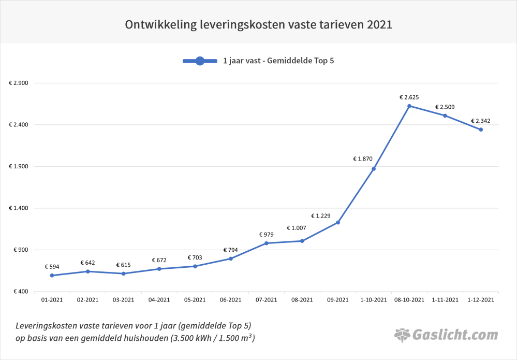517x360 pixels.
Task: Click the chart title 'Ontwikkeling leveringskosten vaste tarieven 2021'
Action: click(x=258, y=24)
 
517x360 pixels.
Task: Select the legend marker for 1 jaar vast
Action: click(x=200, y=61)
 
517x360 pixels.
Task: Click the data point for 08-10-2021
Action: click(x=409, y=106)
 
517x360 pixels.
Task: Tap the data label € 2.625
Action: click(x=409, y=97)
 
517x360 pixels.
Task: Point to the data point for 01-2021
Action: click(x=52, y=276)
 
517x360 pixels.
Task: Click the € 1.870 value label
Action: click(x=363, y=159)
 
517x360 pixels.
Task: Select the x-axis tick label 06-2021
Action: click(x=231, y=300)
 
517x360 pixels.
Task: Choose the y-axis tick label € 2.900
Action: click(x=19, y=83)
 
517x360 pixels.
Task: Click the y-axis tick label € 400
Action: click(x=21, y=292)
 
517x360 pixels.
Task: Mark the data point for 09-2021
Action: click(x=338, y=223)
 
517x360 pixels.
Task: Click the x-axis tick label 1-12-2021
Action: click(x=481, y=300)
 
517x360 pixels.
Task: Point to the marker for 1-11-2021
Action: click(x=445, y=116)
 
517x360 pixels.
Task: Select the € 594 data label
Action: click(x=52, y=267)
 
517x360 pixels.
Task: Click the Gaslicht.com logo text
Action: click(x=455, y=335)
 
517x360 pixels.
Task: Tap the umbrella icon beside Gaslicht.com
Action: click(x=402, y=335)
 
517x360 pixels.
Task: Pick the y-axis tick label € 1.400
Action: click(x=19, y=208)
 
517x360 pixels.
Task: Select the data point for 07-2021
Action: click(x=267, y=243)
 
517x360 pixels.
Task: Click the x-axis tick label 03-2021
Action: click(x=124, y=300)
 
